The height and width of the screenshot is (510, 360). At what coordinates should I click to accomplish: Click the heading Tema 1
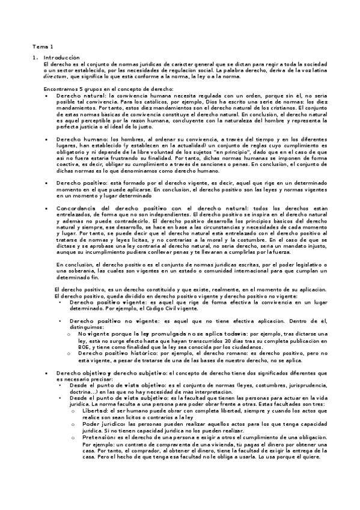(43, 46)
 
